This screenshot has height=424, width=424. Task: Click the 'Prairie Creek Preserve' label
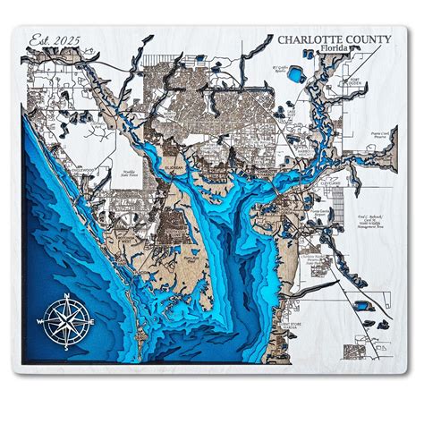pos(381,136)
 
